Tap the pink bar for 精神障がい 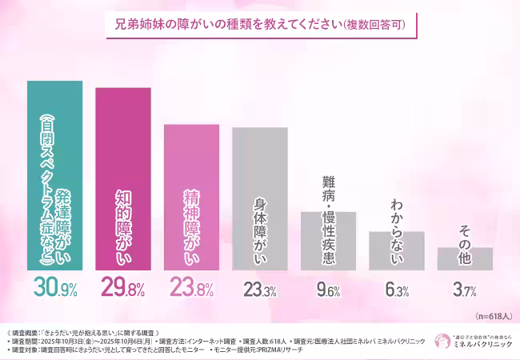[x=191, y=197]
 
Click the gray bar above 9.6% [x=328, y=240]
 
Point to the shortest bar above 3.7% [x=464, y=258]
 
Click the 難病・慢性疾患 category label [x=328, y=179]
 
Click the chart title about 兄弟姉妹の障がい [x=260, y=24]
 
